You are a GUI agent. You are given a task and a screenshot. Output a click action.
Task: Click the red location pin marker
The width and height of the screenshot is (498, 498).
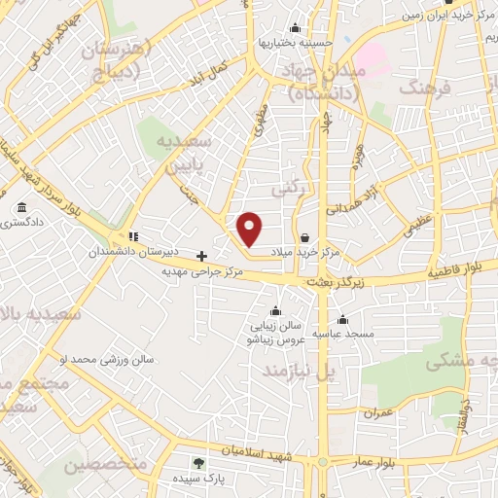pos(250,230)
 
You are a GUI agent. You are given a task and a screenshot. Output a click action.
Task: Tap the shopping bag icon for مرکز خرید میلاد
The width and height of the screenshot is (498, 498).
pos(305,237)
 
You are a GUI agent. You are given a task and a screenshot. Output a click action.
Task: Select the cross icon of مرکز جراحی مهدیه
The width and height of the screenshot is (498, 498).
pos(201,256)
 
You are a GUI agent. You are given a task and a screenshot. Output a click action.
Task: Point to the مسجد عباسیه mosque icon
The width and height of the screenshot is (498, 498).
pos(341,319)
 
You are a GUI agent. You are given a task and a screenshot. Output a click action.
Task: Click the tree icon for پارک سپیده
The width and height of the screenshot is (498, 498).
pos(199,464)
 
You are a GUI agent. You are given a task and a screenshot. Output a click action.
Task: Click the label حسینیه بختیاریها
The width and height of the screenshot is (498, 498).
pos(296,43)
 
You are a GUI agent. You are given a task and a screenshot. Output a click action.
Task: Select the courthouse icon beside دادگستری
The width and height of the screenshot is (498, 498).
pos(21,207)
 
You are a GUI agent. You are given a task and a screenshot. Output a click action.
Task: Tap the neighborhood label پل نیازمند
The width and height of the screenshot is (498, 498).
pos(316,372)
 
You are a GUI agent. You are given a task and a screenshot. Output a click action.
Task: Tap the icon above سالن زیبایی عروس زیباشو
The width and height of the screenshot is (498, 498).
pos(276,312)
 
